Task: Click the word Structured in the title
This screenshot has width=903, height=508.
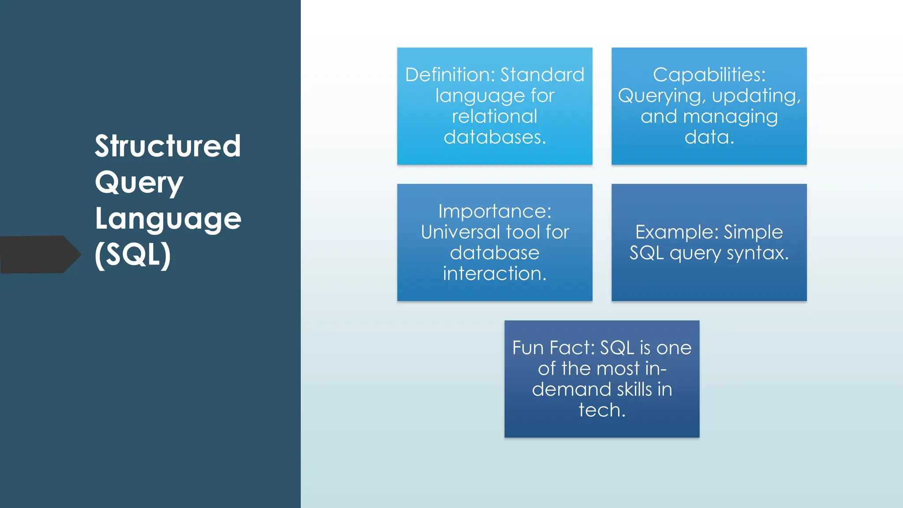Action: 168,146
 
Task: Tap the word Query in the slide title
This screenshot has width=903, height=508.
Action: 139,183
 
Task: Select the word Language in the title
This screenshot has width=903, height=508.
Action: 168,219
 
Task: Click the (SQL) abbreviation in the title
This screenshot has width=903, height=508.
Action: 133,255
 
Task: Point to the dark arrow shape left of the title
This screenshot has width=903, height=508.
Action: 40,254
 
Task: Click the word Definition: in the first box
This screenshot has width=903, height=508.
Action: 450,75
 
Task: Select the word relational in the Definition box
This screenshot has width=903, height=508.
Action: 494,116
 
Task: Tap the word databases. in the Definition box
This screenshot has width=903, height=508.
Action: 495,137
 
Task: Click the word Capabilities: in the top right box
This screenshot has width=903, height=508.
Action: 709,75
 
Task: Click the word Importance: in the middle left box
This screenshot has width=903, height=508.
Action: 495,211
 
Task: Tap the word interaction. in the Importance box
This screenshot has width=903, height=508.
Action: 495,273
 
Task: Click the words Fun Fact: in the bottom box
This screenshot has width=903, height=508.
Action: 553,348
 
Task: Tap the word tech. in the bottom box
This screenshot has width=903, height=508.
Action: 602,410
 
